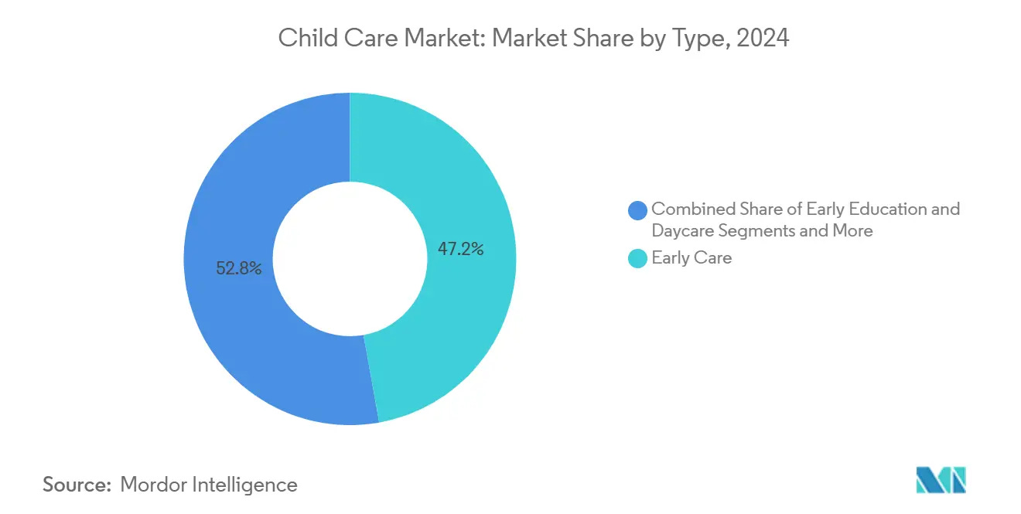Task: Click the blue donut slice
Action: (x=232, y=325)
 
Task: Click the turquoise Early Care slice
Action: (x=464, y=193)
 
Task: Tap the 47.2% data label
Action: (x=460, y=249)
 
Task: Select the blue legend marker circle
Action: (x=638, y=210)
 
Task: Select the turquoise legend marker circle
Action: (x=638, y=259)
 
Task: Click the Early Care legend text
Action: (x=691, y=258)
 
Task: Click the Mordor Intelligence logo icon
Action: (x=941, y=480)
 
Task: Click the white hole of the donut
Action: (x=350, y=258)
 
